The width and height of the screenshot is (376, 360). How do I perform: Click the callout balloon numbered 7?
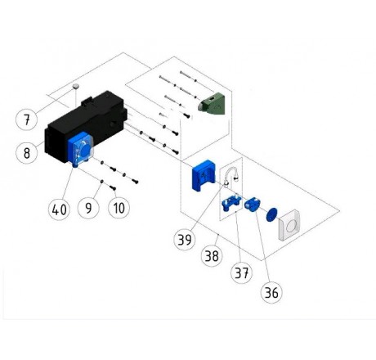27,119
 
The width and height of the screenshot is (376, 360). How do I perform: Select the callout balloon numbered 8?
27,153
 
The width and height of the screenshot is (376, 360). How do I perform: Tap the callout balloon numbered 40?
59,209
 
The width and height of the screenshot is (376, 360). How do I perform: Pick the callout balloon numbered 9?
88,208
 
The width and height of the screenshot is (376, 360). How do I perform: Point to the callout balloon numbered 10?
119,208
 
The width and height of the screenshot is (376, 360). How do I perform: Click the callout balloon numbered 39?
185,240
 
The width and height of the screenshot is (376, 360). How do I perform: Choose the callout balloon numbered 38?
212,256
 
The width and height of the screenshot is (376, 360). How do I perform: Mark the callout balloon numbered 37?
241,272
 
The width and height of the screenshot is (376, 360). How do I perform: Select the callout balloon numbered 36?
271,292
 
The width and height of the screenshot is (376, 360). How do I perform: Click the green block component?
212,104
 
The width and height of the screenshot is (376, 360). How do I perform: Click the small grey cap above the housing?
75,87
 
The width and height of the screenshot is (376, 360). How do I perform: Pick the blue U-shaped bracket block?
203,175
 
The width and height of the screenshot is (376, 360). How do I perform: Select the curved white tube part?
231,173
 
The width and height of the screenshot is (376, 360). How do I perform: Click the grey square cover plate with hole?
289,225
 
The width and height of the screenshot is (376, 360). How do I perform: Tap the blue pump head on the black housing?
80,150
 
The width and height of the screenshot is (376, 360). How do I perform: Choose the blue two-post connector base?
231,203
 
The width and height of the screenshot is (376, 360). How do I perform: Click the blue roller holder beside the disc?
253,205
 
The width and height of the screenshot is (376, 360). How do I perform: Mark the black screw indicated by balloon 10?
113,188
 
